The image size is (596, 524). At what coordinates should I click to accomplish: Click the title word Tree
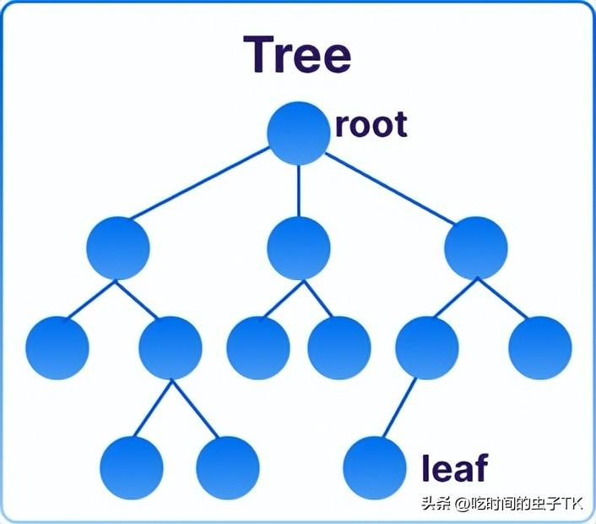point(297,55)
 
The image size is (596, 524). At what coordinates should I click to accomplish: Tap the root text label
point(371,125)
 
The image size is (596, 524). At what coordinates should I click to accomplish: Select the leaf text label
point(454,467)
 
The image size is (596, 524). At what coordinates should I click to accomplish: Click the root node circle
point(298,133)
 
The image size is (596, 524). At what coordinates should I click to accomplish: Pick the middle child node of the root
point(298,248)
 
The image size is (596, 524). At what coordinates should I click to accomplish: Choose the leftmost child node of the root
point(118,248)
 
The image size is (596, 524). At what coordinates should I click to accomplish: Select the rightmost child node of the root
point(477,248)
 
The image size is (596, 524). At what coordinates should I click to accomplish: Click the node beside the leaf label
point(375,467)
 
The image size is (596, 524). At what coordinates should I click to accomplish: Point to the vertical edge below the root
point(298,190)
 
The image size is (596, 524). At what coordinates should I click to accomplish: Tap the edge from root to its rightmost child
point(388,191)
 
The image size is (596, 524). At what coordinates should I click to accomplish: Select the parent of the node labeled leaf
point(426,347)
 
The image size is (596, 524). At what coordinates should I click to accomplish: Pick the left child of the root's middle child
point(258,347)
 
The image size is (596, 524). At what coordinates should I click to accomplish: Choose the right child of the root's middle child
point(339,347)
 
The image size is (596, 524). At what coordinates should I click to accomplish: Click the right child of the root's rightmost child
point(540,347)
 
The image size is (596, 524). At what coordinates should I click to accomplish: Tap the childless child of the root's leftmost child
point(57,347)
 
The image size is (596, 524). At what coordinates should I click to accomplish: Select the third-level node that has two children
point(171,347)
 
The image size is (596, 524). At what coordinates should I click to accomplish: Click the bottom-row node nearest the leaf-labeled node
point(227,467)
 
